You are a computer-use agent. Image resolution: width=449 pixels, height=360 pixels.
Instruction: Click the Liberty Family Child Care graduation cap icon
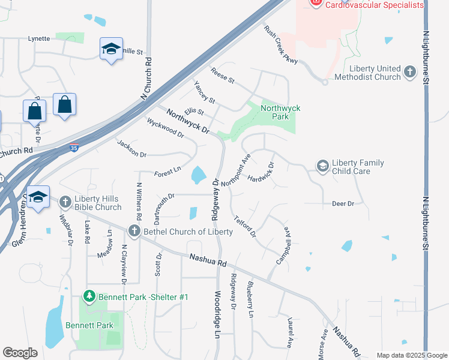click(322, 165)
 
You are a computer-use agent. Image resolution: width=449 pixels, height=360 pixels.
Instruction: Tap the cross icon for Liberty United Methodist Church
click(410, 73)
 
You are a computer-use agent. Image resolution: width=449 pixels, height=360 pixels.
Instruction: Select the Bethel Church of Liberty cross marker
click(134, 231)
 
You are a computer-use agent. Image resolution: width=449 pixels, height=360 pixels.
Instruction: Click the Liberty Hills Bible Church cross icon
click(65, 203)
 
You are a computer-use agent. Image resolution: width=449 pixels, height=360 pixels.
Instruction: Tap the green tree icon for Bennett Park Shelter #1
click(89, 296)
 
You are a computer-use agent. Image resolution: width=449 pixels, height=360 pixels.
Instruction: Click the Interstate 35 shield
click(73, 146)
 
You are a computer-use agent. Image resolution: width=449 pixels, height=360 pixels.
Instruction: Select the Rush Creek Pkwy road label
click(280, 46)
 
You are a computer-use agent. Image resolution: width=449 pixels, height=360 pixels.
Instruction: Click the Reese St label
click(222, 76)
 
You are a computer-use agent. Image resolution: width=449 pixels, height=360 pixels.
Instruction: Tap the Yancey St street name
click(204, 92)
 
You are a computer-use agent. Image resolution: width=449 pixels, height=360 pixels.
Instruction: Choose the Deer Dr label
click(343, 204)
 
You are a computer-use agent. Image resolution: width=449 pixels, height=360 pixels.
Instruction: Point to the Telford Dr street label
click(245, 226)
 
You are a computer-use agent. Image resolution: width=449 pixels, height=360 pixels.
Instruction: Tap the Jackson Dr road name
click(132, 149)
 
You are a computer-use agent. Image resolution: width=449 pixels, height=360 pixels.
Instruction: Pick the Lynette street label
click(39, 38)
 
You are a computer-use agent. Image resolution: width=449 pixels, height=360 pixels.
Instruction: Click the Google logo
click(20, 353)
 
